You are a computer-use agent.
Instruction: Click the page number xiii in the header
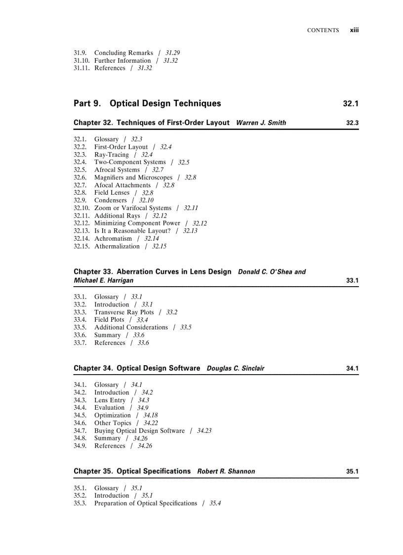point(354,30)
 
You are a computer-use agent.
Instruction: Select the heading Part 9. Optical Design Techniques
point(147,104)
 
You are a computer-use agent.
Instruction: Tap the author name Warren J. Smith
point(261,123)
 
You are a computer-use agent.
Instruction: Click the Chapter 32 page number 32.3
point(352,123)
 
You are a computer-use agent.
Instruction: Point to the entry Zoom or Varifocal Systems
point(132,208)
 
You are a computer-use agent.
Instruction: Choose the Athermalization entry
point(117,246)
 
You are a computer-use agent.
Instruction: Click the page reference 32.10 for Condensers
point(146,201)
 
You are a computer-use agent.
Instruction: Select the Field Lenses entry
point(112,193)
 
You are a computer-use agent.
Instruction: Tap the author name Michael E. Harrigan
point(103,281)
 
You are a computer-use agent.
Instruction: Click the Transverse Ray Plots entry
point(124,312)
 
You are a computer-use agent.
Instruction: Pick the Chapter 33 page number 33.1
point(352,281)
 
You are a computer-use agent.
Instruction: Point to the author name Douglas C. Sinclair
point(235,369)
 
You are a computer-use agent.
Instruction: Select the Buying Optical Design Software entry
point(139,430)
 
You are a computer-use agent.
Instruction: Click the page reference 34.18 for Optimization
point(150,416)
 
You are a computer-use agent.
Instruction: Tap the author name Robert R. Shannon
point(226,471)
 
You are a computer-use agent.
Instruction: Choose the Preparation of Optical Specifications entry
point(146,503)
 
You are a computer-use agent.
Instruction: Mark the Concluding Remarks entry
point(123,53)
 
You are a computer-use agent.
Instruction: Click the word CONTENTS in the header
point(323,31)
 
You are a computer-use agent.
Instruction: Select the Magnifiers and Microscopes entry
point(133,177)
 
